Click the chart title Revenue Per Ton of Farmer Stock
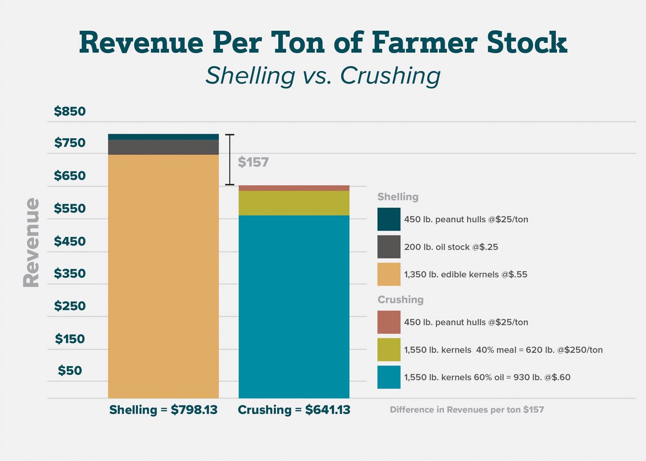[x=323, y=42]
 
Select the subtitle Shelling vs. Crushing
[x=323, y=76]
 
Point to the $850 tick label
[x=70, y=112]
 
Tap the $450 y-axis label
[x=70, y=242]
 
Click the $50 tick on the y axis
[x=70, y=371]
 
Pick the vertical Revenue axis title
[x=31, y=242]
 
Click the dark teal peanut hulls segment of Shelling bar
[x=163, y=137]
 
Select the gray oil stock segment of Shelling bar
[x=163, y=147]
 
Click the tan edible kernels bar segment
[x=163, y=277]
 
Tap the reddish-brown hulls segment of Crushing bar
[x=294, y=188]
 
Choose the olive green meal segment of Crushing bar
[x=294, y=203]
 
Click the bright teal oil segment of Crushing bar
[x=294, y=307]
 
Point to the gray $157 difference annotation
[x=253, y=162]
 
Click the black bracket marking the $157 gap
[x=230, y=160]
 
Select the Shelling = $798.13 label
[x=163, y=410]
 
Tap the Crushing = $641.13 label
[x=294, y=410]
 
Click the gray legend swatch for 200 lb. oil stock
[x=389, y=247]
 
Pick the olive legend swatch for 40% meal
[x=389, y=349]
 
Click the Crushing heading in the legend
[x=401, y=300]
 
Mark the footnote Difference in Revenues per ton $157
[x=467, y=410]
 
